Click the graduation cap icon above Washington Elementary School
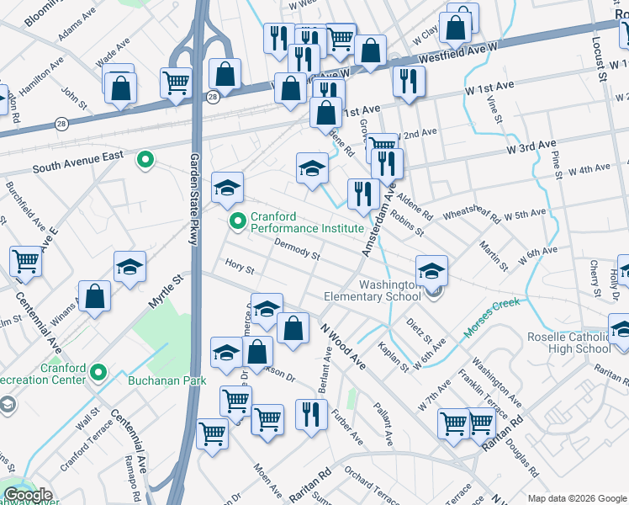[x=431, y=271]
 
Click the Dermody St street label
[x=297, y=249]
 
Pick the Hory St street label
[x=240, y=266]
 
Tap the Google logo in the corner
[x=27, y=495]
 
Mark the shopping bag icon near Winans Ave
[x=95, y=296]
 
